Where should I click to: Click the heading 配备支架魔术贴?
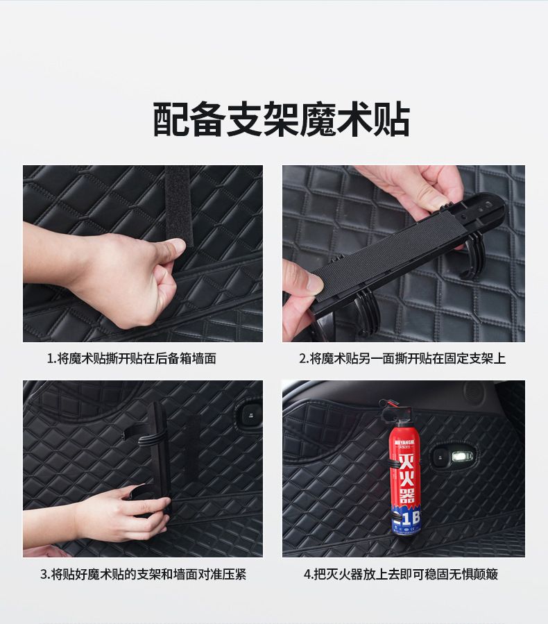coord(281,119)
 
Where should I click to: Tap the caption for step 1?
coord(131,359)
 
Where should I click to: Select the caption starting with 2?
coord(402,359)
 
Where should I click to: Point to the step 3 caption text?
coord(143,574)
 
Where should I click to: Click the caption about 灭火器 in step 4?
coord(401,574)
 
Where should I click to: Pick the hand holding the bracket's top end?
coord(413,191)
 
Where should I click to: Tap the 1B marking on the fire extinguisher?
coord(409,518)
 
